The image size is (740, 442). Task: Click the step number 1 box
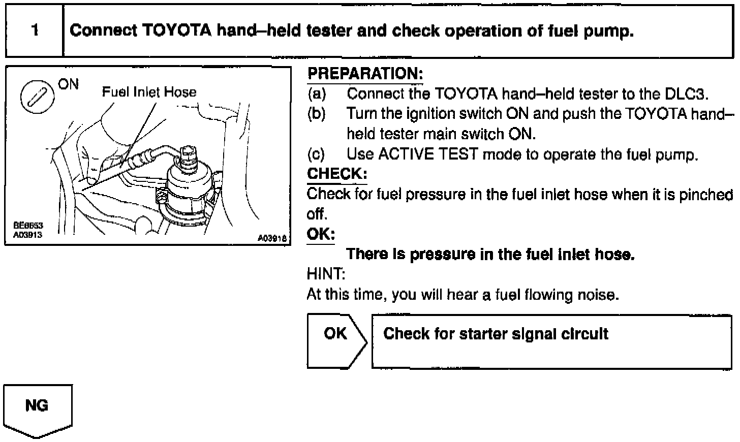[34, 30]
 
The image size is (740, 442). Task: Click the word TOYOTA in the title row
[176, 31]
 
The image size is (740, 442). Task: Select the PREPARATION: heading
[365, 74]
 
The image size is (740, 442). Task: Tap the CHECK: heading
[336, 174]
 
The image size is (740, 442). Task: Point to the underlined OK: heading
[321, 234]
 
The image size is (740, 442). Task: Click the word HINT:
[326, 274]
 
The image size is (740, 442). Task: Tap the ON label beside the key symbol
[69, 84]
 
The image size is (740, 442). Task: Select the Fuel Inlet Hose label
[149, 92]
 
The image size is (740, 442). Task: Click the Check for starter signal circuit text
[496, 334]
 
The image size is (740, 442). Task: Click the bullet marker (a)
[317, 94]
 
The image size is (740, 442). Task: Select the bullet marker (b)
[317, 114]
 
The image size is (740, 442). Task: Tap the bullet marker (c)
[317, 154]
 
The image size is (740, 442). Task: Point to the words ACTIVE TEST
[428, 154]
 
